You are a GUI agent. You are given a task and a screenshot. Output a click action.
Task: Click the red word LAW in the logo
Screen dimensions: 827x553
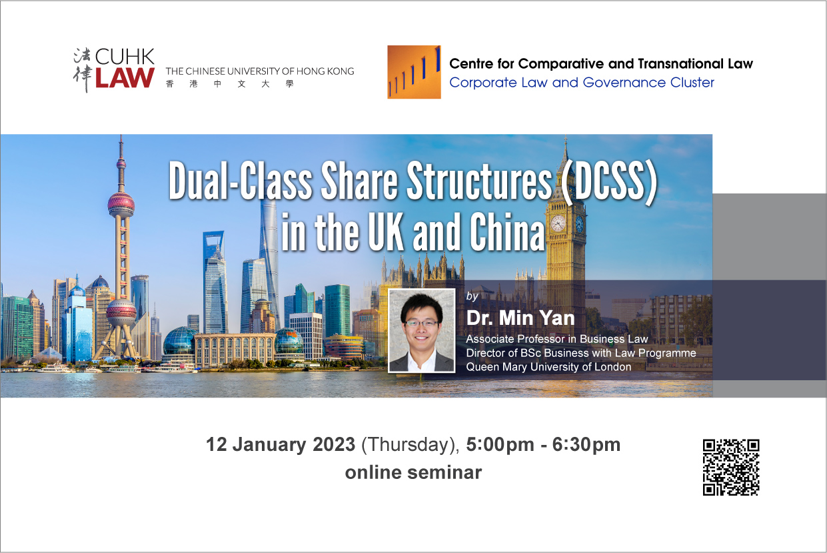tap(125, 77)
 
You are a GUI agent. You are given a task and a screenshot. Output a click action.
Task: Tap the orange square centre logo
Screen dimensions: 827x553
tap(414, 72)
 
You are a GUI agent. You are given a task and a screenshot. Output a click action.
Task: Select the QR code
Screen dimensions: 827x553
tap(731, 467)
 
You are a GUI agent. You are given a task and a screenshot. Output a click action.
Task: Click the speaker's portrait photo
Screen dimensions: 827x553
tap(421, 330)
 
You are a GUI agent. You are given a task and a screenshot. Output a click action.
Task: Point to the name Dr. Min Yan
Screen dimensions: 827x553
tap(520, 318)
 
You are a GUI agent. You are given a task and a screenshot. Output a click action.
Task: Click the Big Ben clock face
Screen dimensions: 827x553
tap(558, 223)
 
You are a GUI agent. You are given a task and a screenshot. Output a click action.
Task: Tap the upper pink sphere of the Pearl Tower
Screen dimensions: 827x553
tap(121, 203)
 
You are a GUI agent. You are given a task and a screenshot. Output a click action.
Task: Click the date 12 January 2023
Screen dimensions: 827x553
tap(281, 444)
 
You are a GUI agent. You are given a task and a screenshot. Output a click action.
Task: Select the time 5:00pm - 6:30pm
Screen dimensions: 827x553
tap(543, 445)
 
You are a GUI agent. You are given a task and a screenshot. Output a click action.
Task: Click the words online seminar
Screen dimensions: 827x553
tap(413, 472)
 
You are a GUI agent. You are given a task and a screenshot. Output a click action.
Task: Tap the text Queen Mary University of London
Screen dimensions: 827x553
tap(548, 367)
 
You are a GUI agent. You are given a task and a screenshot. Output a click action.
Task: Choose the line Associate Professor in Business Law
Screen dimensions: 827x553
tap(556, 339)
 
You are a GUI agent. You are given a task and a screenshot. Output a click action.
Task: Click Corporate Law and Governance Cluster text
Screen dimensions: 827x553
tap(582, 83)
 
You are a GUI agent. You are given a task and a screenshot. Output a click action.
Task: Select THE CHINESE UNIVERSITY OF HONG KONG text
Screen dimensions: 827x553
tap(260, 71)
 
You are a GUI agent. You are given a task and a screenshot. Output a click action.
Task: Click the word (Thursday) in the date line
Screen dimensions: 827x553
tap(411, 445)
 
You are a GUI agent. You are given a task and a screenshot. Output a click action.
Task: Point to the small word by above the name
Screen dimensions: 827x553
tap(472, 296)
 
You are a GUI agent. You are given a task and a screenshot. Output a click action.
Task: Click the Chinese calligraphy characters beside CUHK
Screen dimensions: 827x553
tap(82, 69)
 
